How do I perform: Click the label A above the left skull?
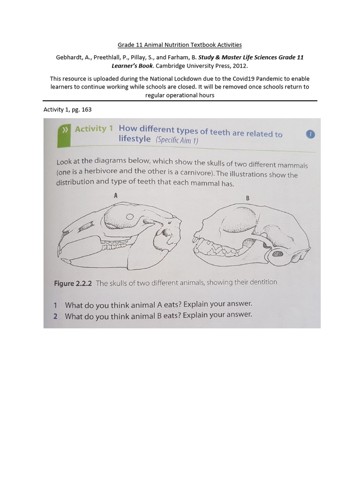pyautogui.click(x=116, y=196)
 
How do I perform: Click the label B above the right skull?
pyautogui.click(x=248, y=198)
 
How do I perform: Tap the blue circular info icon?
pyautogui.click(x=310, y=135)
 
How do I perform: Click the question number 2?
pyautogui.click(x=55, y=316)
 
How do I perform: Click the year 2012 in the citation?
pyautogui.click(x=240, y=66)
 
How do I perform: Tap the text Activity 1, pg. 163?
pyautogui.click(x=67, y=110)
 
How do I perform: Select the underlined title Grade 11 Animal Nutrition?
pyautogui.click(x=180, y=45)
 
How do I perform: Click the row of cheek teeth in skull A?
pyautogui.click(x=115, y=244)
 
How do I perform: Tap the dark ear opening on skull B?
pyautogui.click(x=276, y=255)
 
